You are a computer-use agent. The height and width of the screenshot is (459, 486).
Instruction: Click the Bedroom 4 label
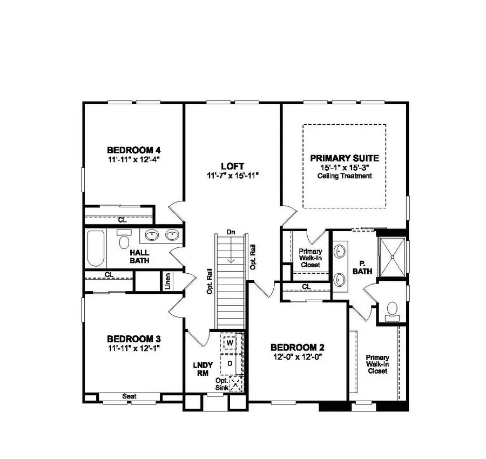(134, 150)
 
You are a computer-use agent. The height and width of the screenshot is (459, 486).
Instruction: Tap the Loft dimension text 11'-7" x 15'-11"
(233, 175)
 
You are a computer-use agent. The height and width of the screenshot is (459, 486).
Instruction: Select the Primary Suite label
(344, 158)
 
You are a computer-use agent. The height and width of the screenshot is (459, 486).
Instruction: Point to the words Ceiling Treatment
(345, 176)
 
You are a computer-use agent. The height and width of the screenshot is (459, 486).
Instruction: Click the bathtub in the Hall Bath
(95, 248)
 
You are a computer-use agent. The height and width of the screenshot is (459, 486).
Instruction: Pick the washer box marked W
(230, 343)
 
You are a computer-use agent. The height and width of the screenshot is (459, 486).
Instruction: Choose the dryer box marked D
(230, 363)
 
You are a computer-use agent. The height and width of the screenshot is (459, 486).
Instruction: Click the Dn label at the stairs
(231, 232)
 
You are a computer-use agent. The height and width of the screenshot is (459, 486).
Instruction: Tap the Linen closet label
(168, 280)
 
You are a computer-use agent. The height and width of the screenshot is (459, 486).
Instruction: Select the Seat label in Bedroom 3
(129, 396)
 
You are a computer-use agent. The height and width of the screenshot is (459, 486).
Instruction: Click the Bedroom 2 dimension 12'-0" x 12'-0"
(298, 356)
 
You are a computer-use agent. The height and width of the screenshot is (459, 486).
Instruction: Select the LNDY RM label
(202, 368)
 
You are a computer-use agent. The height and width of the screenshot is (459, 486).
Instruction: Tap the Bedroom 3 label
(133, 339)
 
